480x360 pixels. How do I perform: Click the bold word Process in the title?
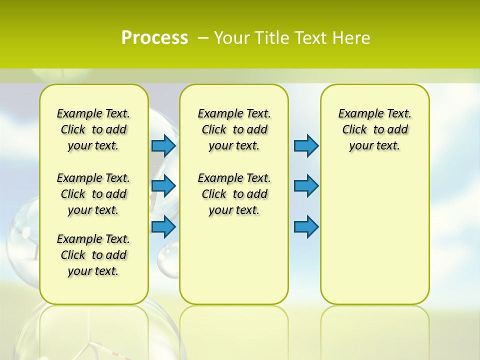click(x=154, y=38)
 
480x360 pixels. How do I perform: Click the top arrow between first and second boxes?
click(x=163, y=146)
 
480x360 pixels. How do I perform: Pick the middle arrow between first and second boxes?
click(x=163, y=186)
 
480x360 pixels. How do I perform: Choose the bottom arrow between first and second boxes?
click(x=163, y=226)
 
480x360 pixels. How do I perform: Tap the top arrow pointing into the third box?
click(x=306, y=146)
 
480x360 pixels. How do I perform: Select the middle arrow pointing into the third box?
click(x=306, y=186)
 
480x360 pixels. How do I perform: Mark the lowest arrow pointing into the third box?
click(x=306, y=226)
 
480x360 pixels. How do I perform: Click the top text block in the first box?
click(x=93, y=129)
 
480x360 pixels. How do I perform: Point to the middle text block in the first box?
click(x=93, y=194)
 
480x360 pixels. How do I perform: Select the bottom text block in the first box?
click(x=93, y=255)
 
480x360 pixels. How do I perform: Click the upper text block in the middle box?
click(x=234, y=129)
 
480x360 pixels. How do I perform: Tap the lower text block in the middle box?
click(x=234, y=194)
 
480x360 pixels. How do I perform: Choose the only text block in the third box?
click(x=374, y=129)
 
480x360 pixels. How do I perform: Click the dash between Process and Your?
click(x=202, y=38)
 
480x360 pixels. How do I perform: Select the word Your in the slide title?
click(x=231, y=38)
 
